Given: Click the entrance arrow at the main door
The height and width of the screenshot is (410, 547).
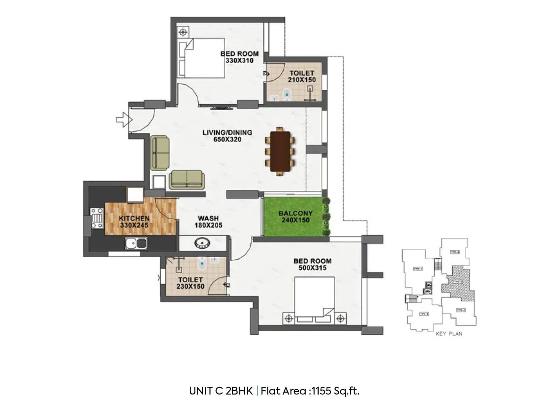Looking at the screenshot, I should pyautogui.click(x=124, y=120).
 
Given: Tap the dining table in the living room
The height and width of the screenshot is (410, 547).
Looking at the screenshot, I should pyautogui.click(x=280, y=151).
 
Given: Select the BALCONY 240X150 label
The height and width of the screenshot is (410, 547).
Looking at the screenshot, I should pyautogui.click(x=295, y=217).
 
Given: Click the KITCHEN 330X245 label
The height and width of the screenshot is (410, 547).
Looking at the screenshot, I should pyautogui.click(x=134, y=221).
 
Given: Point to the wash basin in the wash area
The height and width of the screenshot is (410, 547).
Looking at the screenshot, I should pyautogui.click(x=202, y=243).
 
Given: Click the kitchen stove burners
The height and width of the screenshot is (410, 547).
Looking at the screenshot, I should pyautogui.click(x=97, y=218).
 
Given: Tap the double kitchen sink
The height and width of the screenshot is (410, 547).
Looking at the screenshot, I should pyautogui.click(x=136, y=243).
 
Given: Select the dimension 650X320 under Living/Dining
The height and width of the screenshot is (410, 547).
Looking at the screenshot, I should pyautogui.click(x=227, y=139).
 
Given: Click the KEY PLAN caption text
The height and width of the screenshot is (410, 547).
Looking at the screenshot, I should pyautogui.click(x=449, y=334).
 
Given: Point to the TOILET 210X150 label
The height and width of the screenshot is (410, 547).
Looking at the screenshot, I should pyautogui.click(x=302, y=76).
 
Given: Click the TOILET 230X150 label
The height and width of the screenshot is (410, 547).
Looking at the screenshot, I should pyautogui.click(x=190, y=283).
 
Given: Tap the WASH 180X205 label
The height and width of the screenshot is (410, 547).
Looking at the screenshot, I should pyautogui.click(x=208, y=221).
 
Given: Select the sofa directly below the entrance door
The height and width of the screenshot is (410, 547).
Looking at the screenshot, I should pyautogui.click(x=160, y=153).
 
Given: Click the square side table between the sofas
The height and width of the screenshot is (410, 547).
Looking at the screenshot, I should pyautogui.click(x=159, y=182).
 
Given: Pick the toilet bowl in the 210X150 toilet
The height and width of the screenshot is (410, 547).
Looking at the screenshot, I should pyautogui.click(x=287, y=94).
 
